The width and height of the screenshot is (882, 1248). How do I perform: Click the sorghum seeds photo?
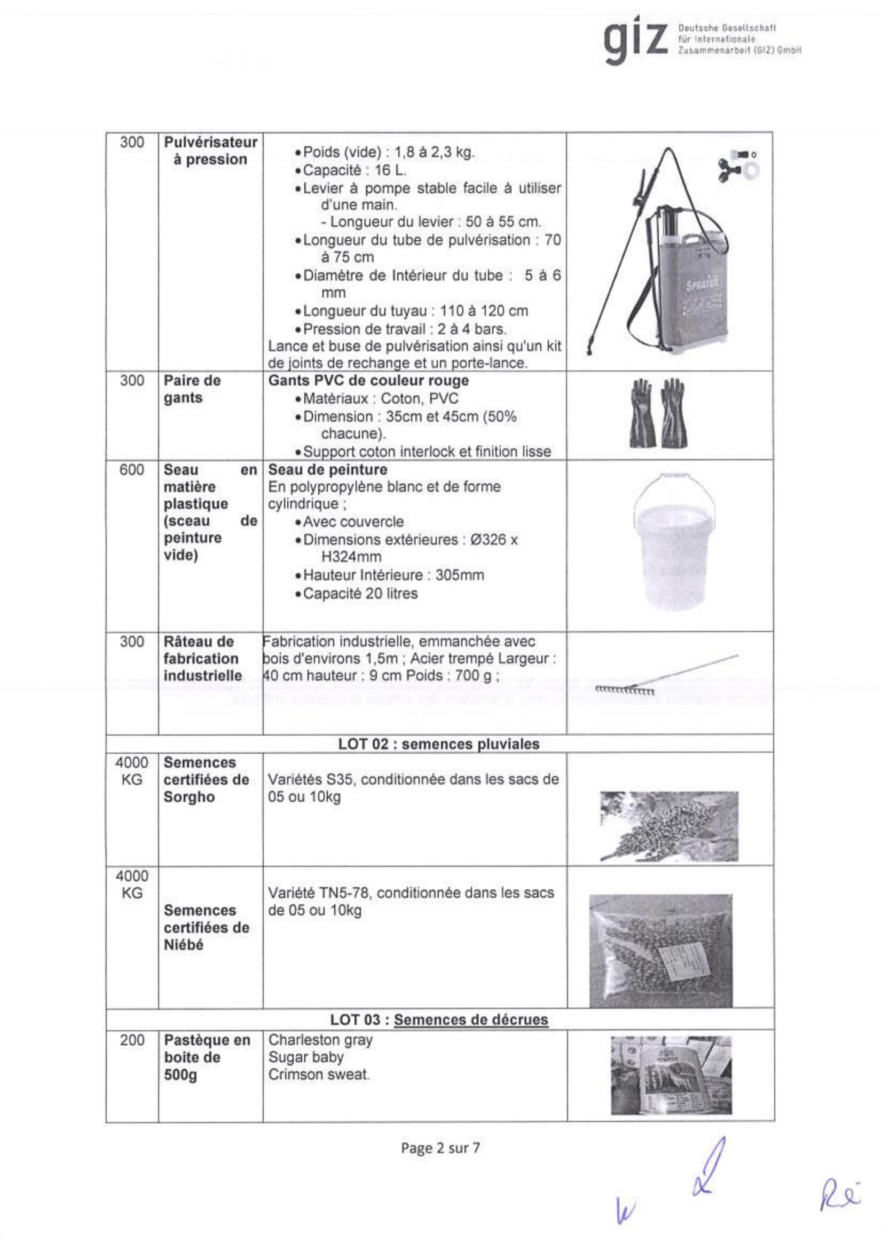[669, 826]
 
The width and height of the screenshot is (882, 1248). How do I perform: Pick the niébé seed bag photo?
[660, 951]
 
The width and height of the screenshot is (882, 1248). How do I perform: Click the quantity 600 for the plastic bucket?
[131, 470]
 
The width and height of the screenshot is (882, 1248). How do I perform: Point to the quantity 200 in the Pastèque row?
[131, 1040]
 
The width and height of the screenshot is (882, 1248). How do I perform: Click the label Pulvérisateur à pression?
[210, 151]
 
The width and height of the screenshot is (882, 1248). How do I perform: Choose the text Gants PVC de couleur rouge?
[368, 381]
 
